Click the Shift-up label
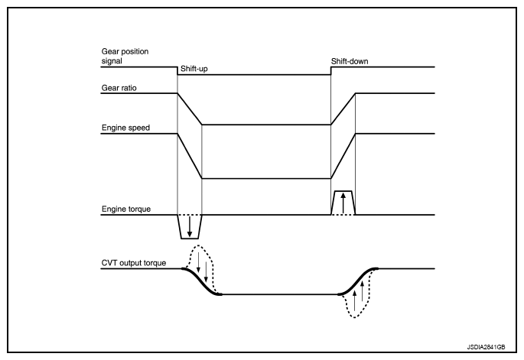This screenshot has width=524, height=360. click(x=194, y=69)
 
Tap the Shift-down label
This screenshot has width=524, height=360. click(x=350, y=61)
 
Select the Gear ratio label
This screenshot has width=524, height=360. click(x=119, y=88)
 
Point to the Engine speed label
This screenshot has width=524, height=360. click(x=125, y=128)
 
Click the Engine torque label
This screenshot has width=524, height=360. click(x=126, y=209)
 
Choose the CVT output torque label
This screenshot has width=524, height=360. click(x=134, y=263)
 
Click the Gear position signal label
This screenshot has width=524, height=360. click(x=125, y=56)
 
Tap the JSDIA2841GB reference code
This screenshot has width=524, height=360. click(x=486, y=347)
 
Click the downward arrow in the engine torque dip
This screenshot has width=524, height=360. click(x=190, y=227)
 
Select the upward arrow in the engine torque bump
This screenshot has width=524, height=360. click(x=343, y=203)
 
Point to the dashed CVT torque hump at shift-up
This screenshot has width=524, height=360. click(x=198, y=245)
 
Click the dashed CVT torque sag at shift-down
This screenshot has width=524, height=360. click(x=355, y=317)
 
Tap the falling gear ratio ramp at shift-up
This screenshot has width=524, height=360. click(x=190, y=109)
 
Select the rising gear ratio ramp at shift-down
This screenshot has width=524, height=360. click(x=343, y=109)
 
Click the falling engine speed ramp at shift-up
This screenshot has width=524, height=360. click(x=190, y=156)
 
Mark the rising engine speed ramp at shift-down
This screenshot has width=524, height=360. click(x=343, y=156)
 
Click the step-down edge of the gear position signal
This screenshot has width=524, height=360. click(x=177, y=71)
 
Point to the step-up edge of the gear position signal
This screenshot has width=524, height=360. click(x=330, y=71)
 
